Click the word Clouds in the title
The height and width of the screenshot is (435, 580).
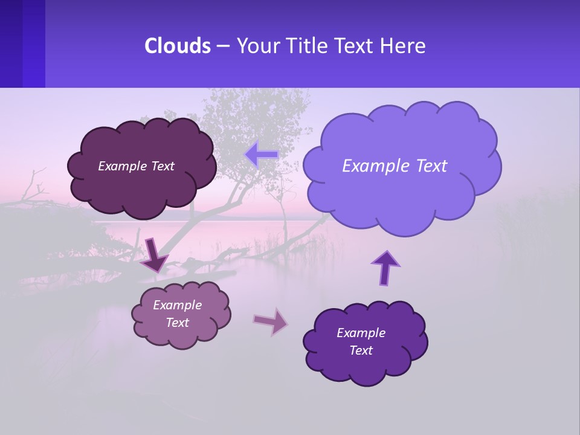(177, 46)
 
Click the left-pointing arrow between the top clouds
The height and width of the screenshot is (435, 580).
(261, 155)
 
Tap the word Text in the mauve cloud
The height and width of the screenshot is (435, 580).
(178, 323)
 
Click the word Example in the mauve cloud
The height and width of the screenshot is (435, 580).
(178, 305)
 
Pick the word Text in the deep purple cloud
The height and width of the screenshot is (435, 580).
(361, 350)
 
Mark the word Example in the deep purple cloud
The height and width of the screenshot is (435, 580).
(361, 333)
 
